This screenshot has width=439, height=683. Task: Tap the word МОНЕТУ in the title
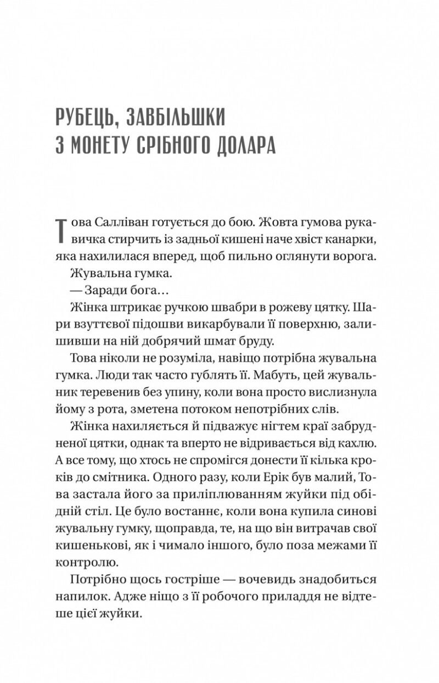tap(105, 148)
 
